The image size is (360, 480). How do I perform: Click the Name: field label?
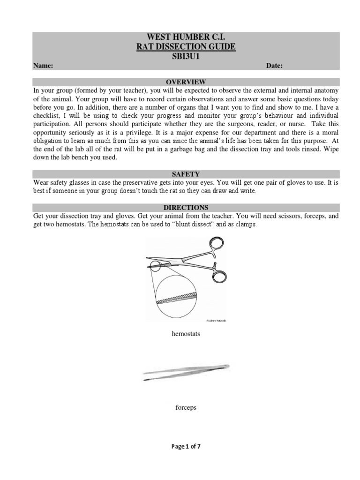click(x=43, y=66)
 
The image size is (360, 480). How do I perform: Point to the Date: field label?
click(x=274, y=66)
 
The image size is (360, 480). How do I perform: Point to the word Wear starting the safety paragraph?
click(x=41, y=182)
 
